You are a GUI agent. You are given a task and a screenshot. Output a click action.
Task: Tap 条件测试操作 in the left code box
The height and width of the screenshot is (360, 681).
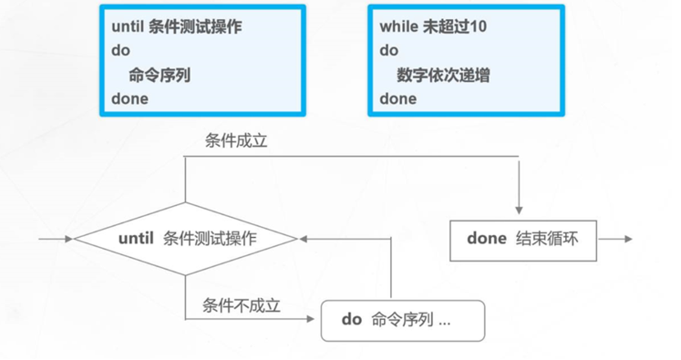(192, 27)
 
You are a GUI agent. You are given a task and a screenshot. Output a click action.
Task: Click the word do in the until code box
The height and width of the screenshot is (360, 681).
(120, 51)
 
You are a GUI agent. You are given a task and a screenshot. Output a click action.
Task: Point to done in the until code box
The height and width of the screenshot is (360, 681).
(129, 98)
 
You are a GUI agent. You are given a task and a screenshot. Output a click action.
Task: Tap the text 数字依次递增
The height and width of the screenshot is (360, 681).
(443, 76)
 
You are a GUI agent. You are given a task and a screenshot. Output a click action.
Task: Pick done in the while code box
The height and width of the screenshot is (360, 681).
(398, 98)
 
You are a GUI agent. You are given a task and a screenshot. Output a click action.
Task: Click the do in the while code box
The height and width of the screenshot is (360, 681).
(389, 51)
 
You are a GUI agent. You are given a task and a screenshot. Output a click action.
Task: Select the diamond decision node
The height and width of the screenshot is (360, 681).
(186, 239)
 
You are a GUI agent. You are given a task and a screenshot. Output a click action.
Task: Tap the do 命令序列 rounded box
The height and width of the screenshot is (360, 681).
(403, 320)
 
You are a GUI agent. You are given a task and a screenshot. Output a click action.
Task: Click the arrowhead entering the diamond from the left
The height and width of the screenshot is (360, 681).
(68, 239)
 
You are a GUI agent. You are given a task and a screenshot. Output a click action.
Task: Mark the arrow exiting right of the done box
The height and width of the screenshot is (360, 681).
(625, 239)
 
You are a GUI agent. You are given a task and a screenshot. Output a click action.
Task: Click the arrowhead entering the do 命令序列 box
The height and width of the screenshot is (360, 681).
(315, 320)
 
